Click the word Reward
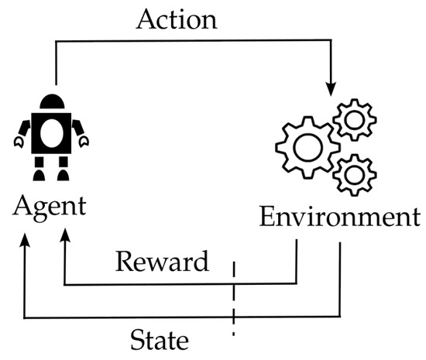162,262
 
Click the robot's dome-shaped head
53,101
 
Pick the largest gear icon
306,146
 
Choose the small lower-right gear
356,174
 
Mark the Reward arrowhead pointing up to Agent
64,232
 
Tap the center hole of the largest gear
306,146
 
